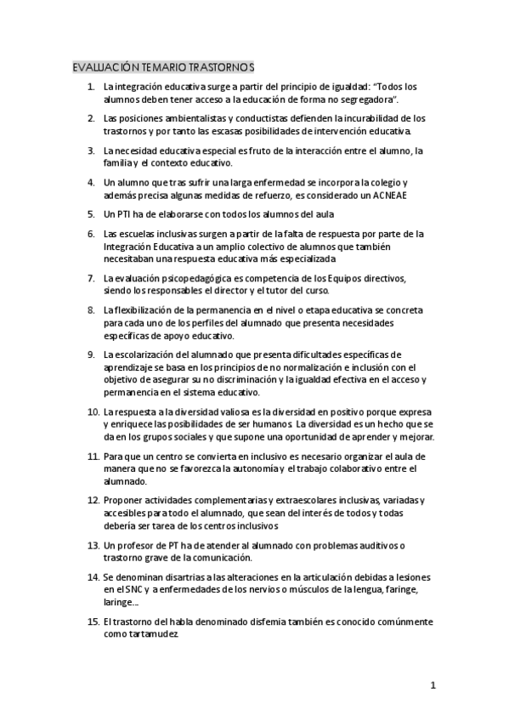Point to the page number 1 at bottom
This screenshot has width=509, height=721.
tap(433, 685)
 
